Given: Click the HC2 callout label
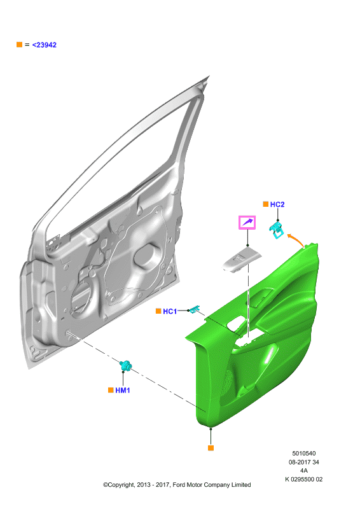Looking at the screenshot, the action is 277,204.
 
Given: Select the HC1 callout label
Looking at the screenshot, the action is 170,311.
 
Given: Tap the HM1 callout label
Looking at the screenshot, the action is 123,390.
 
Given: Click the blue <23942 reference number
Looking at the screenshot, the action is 44,45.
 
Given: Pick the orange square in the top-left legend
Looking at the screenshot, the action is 20,44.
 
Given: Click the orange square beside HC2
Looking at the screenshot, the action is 265,204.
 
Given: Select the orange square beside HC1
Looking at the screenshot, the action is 158,311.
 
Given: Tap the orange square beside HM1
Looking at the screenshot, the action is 111,390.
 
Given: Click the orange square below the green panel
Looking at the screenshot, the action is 211,448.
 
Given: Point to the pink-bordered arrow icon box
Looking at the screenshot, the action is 247,223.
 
